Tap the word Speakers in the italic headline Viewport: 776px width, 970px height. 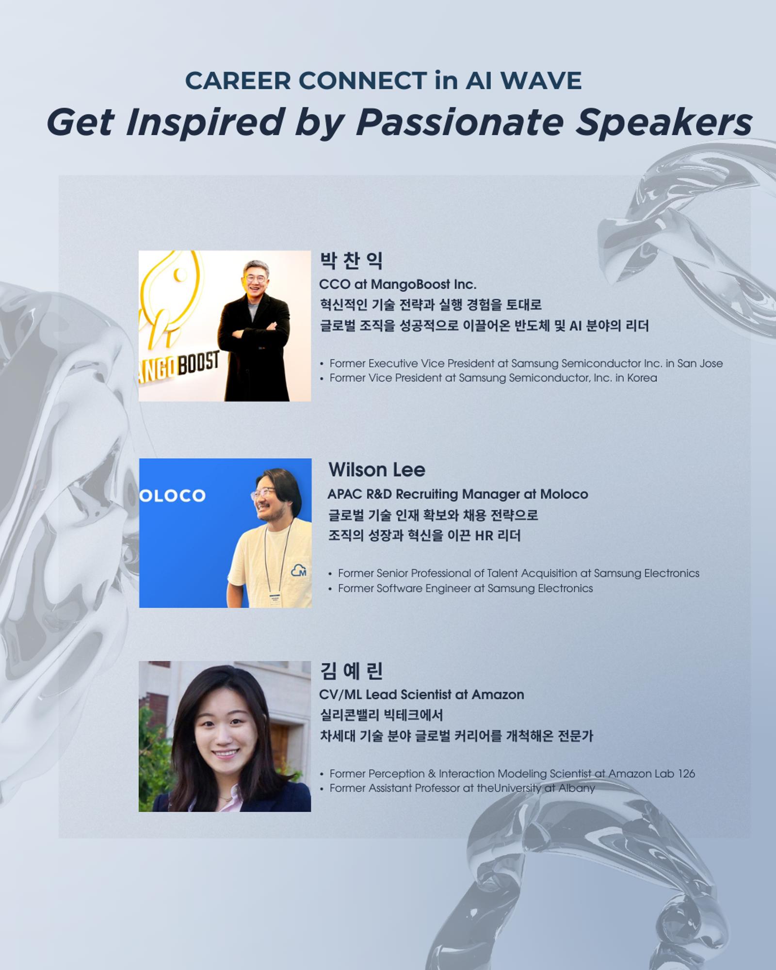coord(663,122)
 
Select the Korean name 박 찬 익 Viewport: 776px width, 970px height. coord(351,260)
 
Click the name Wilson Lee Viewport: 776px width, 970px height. coord(377,469)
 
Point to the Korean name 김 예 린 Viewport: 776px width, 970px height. coord(351,671)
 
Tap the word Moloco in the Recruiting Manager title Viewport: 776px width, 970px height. coord(564,494)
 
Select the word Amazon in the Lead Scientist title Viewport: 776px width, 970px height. coord(498,695)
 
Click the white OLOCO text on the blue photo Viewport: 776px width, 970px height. coord(173,496)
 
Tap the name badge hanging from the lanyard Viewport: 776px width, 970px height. coord(275,599)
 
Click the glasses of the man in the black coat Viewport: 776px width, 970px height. coord(256,279)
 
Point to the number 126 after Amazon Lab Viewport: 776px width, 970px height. coord(686,774)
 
